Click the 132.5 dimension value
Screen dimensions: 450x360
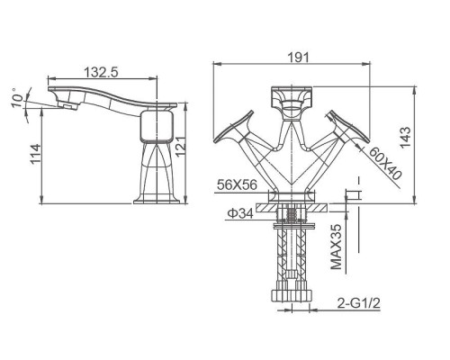point(101,72)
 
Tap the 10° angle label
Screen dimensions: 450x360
point(17,98)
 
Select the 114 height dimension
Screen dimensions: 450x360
point(36,154)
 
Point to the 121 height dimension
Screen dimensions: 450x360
point(181,147)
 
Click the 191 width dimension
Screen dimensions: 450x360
point(298,58)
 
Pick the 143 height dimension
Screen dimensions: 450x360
point(405,138)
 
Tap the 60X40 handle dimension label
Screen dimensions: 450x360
point(384,164)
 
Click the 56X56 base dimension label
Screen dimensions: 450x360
point(237,184)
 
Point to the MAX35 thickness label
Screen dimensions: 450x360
point(336,247)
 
